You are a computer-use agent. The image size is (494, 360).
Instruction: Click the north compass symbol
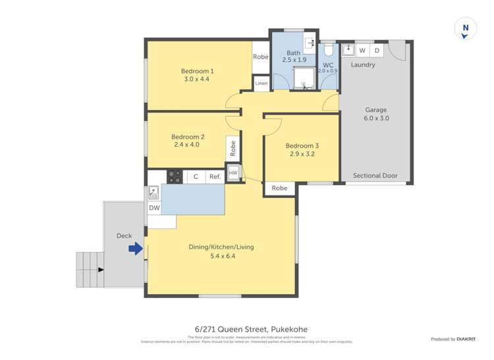(x=466, y=29)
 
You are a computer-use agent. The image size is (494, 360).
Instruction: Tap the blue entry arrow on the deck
(x=135, y=249)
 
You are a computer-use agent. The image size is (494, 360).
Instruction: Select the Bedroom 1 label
(x=198, y=71)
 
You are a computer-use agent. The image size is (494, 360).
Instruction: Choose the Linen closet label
(x=261, y=84)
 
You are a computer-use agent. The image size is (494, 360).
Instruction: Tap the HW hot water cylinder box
(x=233, y=173)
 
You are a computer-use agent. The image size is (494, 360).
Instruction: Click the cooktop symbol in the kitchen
(x=175, y=176)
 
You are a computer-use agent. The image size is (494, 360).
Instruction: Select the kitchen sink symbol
(x=153, y=192)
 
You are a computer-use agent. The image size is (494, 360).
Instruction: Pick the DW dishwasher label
(x=153, y=209)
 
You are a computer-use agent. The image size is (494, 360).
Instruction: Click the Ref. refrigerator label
(x=215, y=176)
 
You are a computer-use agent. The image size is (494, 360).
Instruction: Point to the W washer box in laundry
(x=362, y=51)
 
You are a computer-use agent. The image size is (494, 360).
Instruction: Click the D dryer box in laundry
(x=377, y=51)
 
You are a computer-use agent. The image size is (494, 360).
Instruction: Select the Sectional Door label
(x=375, y=176)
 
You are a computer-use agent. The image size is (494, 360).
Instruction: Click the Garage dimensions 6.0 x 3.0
(x=376, y=118)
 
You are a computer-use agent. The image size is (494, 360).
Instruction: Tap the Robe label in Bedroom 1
(x=261, y=57)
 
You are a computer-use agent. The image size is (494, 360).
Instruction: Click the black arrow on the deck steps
(x=100, y=269)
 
